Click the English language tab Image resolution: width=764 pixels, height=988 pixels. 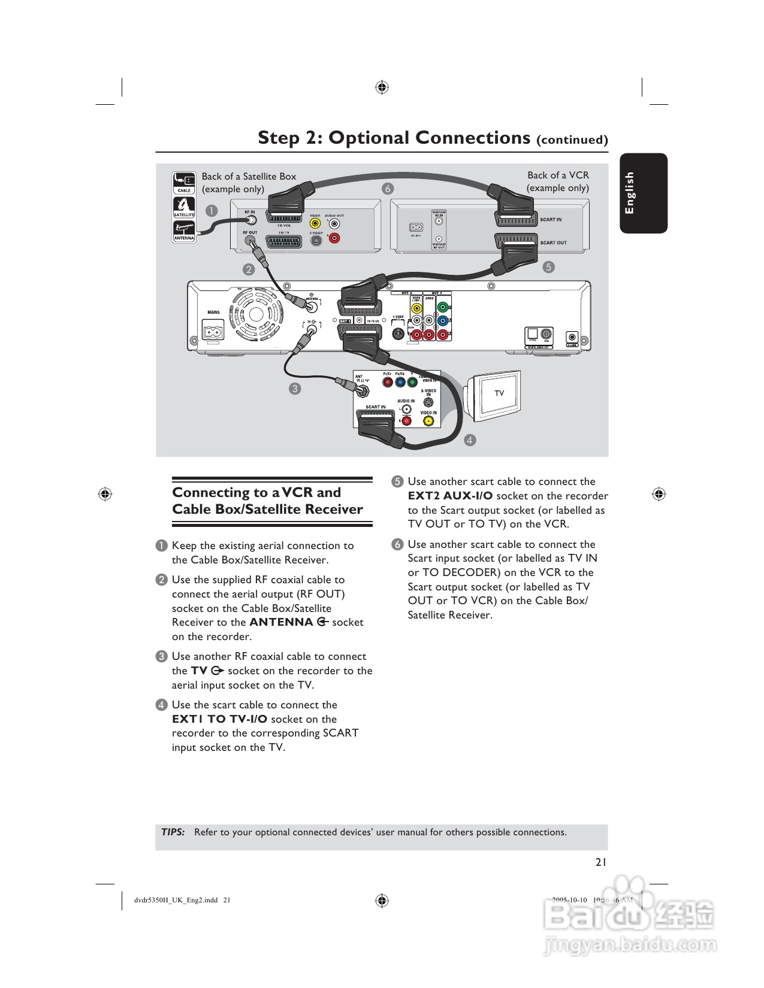[x=643, y=193]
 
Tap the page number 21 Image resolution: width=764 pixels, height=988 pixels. [x=601, y=862]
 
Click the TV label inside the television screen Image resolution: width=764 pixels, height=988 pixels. [x=499, y=393]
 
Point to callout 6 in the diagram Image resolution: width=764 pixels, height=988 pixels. [x=388, y=189]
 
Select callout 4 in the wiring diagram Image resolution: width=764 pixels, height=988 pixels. [x=470, y=440]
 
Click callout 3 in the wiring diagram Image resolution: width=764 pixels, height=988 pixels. [x=294, y=389]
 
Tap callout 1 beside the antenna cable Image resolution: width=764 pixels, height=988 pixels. [x=211, y=211]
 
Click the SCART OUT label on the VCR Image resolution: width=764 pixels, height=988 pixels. [x=553, y=243]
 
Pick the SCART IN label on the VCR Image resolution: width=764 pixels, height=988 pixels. [x=551, y=220]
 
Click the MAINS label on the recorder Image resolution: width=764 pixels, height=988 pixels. [x=213, y=312]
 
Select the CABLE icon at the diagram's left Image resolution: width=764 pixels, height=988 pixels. [x=184, y=183]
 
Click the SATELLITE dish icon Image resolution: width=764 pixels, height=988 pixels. [x=184, y=207]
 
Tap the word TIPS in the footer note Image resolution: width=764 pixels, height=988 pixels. [x=173, y=832]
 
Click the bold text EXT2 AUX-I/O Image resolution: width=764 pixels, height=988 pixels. [x=450, y=496]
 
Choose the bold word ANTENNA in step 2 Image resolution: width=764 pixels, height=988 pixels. [x=281, y=622]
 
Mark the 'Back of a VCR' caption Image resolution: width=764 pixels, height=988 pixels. [x=558, y=175]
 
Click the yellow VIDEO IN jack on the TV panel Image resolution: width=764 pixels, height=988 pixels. [x=428, y=421]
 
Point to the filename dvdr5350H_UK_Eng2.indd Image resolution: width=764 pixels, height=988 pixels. [x=176, y=900]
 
